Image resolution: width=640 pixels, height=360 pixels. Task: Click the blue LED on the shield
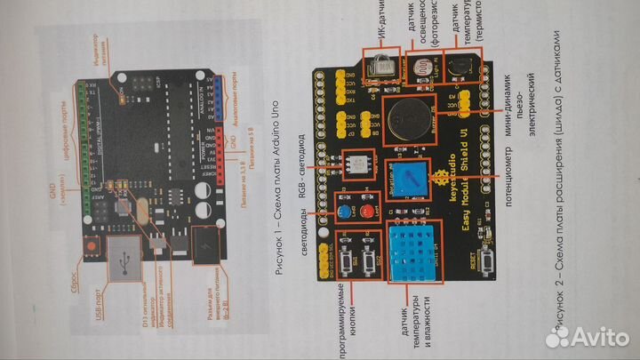[x=342, y=212]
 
